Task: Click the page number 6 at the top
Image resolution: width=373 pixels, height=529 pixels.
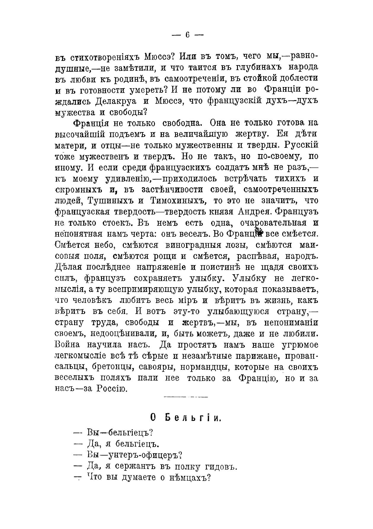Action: point(188,35)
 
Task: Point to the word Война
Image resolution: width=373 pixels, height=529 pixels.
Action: point(67,345)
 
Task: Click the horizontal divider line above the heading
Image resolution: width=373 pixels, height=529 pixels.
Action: point(186,397)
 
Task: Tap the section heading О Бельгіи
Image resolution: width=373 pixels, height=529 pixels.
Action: point(186,418)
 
